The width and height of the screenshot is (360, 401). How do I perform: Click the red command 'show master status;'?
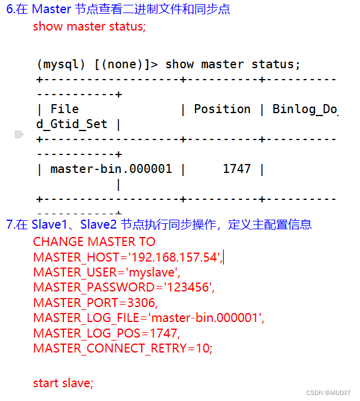[x=89, y=26]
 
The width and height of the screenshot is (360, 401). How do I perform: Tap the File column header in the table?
[x=65, y=109]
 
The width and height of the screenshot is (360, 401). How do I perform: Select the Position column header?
[x=222, y=109]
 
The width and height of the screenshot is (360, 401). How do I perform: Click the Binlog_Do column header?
[x=305, y=109]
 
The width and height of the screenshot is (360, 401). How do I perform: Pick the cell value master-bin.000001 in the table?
[x=111, y=169]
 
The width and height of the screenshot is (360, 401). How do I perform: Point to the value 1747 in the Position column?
[x=237, y=169]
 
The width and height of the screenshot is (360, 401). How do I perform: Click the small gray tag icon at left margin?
[x=19, y=135]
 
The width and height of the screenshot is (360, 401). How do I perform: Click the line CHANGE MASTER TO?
[x=94, y=242]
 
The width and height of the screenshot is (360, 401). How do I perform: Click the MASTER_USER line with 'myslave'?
[x=106, y=272]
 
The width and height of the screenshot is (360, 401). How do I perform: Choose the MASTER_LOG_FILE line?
[x=148, y=318]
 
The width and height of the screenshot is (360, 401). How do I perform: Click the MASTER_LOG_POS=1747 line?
[x=106, y=333]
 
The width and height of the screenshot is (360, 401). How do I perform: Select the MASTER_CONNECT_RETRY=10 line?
[x=123, y=348]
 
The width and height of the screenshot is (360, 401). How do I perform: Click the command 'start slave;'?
[x=63, y=382]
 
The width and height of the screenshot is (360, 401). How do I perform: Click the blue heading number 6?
[x=10, y=9]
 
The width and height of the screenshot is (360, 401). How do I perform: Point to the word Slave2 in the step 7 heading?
[x=99, y=224]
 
